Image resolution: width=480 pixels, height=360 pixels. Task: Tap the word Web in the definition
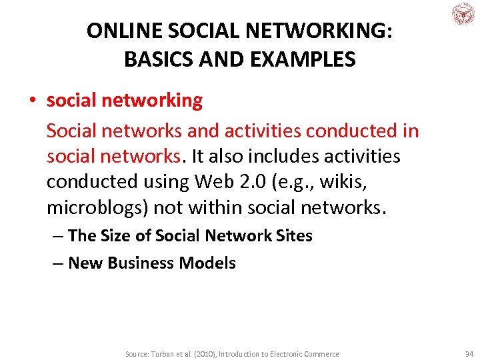219,182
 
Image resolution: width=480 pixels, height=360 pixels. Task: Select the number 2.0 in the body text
253,182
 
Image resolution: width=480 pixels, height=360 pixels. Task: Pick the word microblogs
97,208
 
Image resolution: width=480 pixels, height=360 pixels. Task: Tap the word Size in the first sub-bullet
118,235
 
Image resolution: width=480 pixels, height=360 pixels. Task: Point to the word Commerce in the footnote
319,354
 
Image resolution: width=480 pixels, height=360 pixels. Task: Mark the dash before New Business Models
58,263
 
